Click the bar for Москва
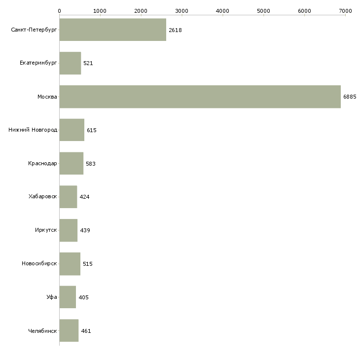coord(200,97)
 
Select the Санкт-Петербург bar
coord(112,30)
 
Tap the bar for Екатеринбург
coord(70,63)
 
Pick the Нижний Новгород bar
coord(72,130)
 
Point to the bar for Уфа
coord(68,297)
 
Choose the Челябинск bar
coord(69,331)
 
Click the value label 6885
coord(350,97)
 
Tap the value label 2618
coord(176,30)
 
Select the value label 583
coord(91,164)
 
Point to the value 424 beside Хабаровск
coord(84,197)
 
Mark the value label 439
coord(85,230)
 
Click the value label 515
coord(88,264)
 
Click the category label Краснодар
coord(43,164)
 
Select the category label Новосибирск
coord(39,264)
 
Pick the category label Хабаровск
coord(43,197)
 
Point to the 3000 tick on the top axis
coord(182,10)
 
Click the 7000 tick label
coord(345,10)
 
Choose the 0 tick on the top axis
coord(59,10)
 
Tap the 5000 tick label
coord(263,10)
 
